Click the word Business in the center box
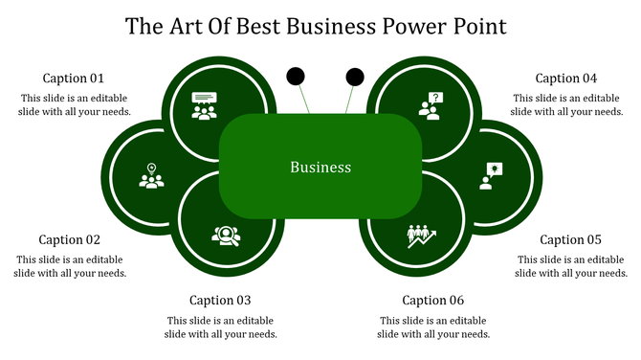320,168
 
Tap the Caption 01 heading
74,79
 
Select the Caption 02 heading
69,240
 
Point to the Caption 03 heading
220,301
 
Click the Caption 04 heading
566,79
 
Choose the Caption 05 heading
570,240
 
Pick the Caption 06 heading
433,301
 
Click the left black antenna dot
297,75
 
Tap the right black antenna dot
355,75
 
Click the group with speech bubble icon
204,104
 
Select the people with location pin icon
151,176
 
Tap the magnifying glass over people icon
226,235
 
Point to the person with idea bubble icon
490,175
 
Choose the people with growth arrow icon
421,235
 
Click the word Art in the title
184,26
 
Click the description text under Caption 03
222,327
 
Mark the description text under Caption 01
74,104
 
